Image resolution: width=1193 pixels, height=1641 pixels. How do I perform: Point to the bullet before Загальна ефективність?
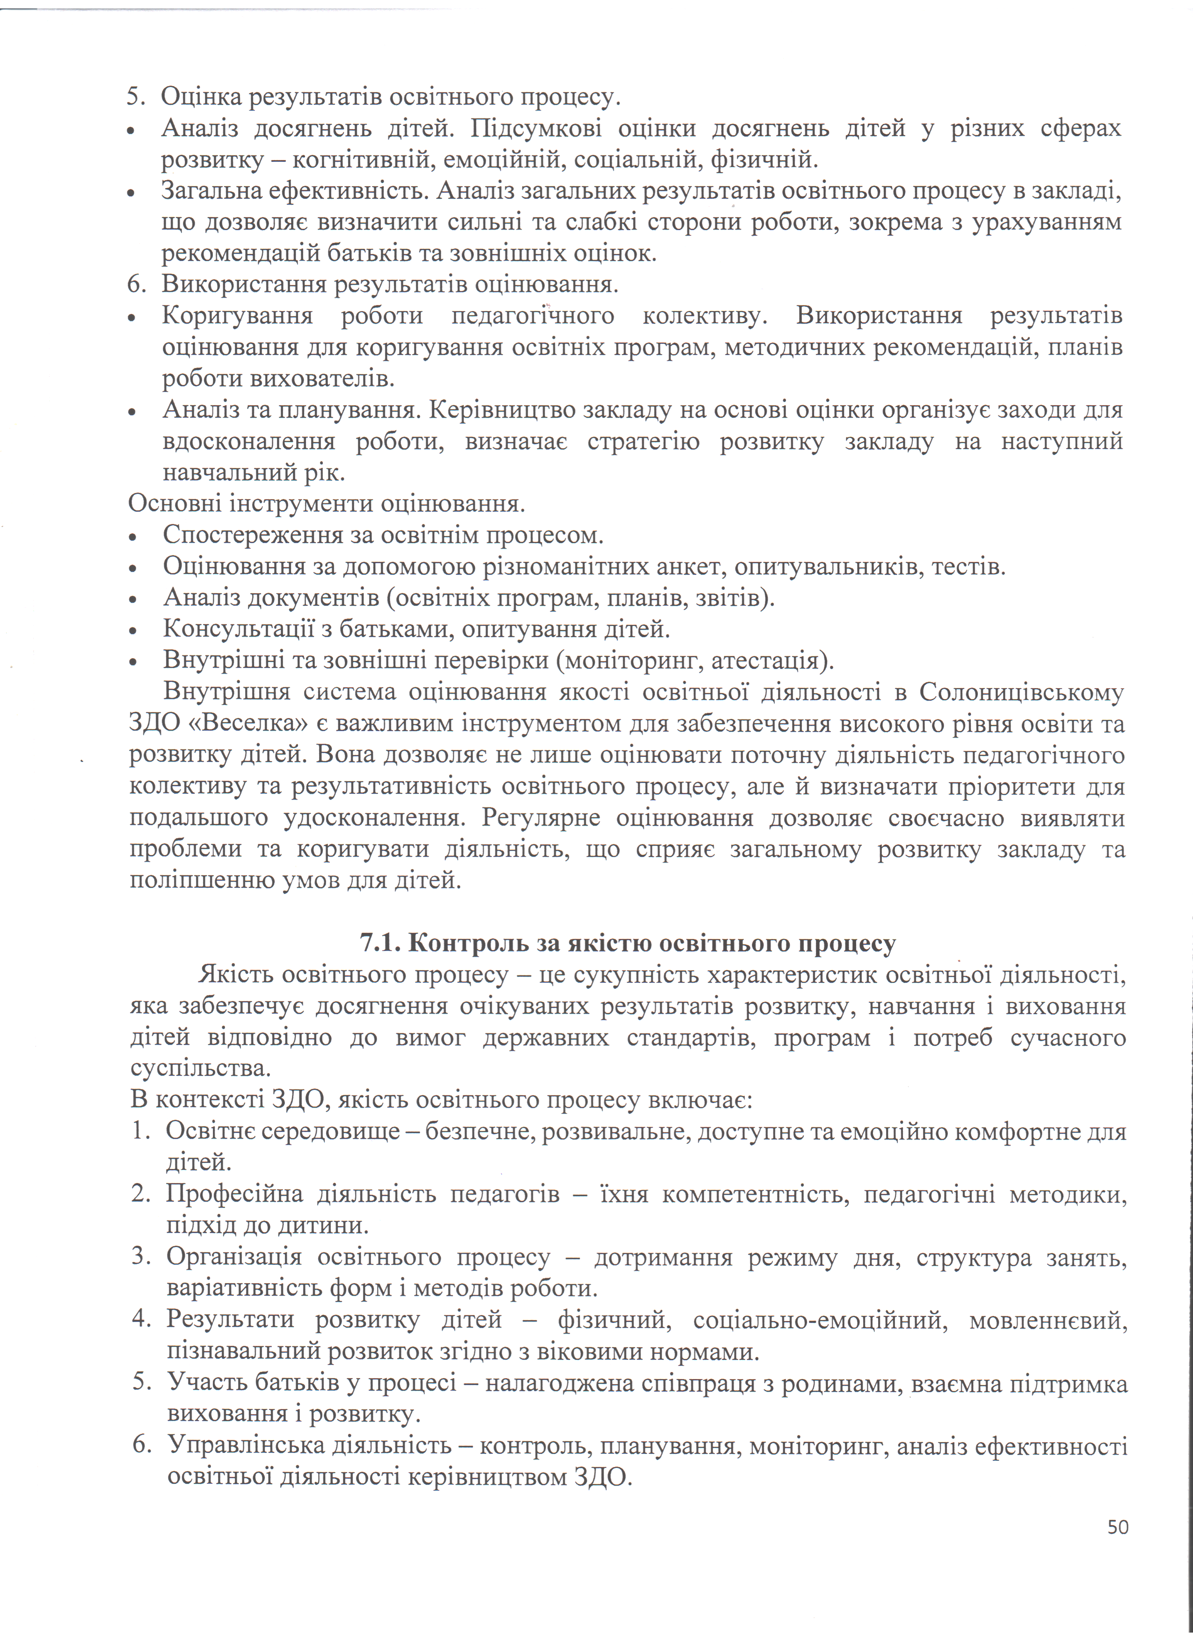(131, 194)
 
